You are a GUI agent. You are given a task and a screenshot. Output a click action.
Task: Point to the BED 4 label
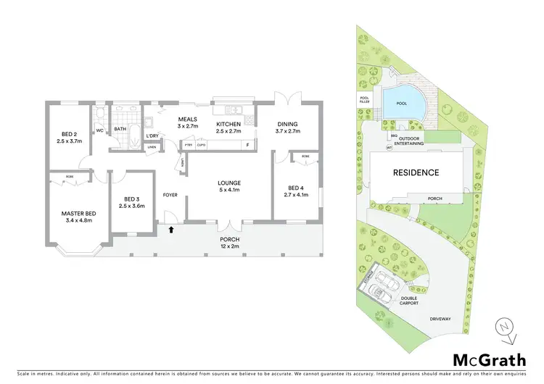(298, 190)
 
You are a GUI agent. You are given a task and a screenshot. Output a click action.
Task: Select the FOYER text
(170, 194)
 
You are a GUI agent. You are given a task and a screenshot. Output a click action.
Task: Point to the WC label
(99, 130)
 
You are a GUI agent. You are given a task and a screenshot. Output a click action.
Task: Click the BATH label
(120, 130)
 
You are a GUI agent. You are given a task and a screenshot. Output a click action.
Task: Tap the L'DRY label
(152, 136)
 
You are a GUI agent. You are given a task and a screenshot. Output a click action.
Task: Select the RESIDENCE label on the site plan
(416, 172)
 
